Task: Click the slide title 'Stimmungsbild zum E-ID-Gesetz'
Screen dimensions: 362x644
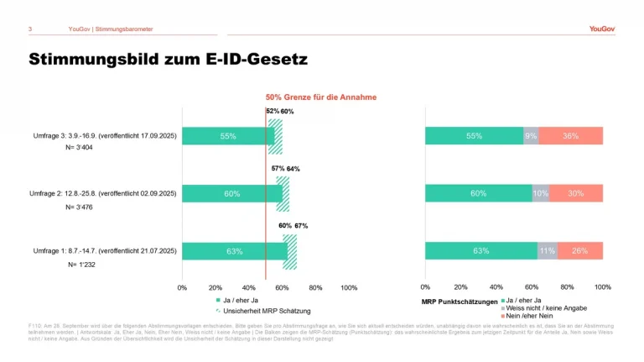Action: click(168, 60)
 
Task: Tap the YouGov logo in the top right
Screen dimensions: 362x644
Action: click(601, 29)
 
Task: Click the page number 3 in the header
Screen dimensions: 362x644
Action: click(30, 29)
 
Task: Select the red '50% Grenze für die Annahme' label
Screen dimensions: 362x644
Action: click(321, 97)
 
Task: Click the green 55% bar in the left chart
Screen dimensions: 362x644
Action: click(227, 136)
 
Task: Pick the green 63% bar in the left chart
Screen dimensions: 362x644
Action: click(234, 251)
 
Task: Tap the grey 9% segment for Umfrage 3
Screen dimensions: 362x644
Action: click(531, 136)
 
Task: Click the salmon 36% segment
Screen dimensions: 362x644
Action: click(570, 136)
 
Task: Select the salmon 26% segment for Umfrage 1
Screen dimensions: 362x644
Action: click(579, 251)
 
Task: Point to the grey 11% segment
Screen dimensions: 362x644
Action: click(547, 251)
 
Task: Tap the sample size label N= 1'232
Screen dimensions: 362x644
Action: click(83, 265)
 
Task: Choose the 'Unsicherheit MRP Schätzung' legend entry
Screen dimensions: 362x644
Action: click(256, 310)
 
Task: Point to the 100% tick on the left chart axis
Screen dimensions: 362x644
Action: click(349, 287)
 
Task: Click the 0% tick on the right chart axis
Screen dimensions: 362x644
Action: click(425, 287)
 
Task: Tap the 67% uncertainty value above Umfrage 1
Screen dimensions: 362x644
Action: click(301, 226)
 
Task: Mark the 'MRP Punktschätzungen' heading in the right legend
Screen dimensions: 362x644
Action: click(459, 301)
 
